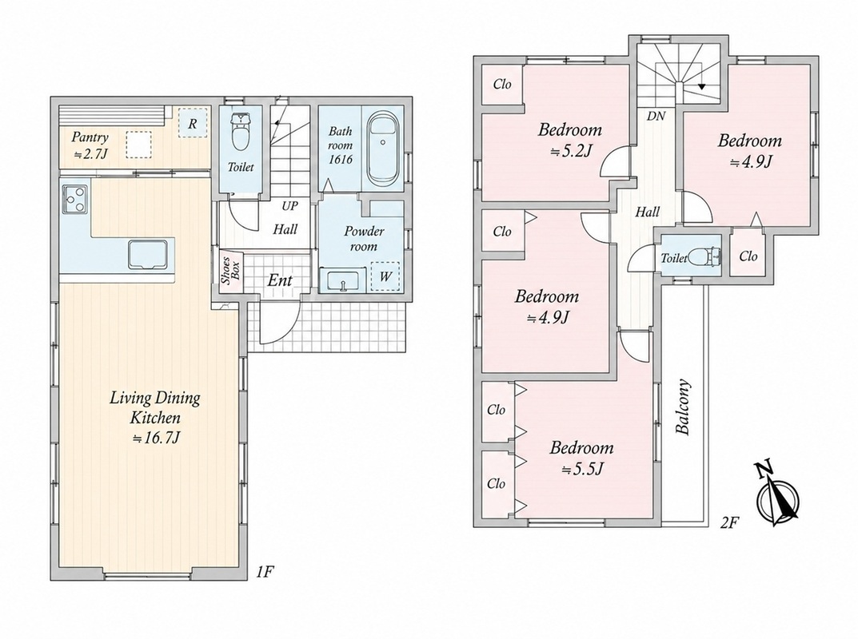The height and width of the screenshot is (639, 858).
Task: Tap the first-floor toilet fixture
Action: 240,132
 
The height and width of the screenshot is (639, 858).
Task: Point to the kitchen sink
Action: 147,254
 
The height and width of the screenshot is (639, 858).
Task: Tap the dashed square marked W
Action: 385,276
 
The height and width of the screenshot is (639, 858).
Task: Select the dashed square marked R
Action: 192,123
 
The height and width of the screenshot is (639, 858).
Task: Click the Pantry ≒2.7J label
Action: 91,145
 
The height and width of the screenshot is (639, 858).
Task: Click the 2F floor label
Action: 729,523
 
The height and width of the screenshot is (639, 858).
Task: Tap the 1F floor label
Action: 265,572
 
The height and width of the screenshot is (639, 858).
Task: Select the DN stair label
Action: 656,116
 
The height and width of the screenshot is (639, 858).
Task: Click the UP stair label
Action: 290,206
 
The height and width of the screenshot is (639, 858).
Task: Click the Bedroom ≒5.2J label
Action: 569,140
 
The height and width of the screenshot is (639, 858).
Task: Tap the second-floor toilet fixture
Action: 704,256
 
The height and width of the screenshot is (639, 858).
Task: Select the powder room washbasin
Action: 342,280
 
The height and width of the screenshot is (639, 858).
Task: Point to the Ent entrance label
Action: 280,280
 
